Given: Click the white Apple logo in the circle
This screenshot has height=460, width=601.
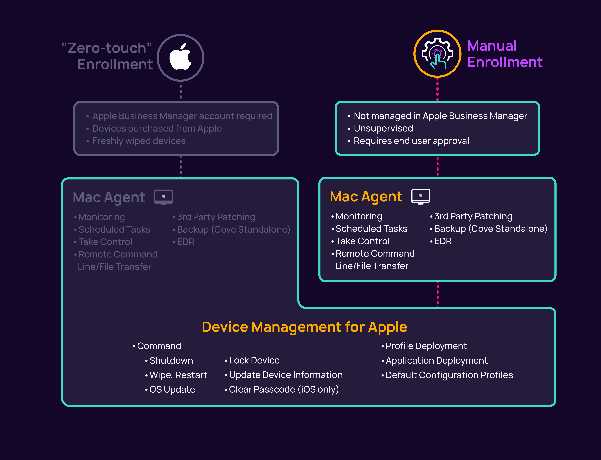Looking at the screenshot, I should click(180, 57).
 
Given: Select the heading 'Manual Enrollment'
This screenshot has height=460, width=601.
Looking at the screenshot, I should click(504, 54).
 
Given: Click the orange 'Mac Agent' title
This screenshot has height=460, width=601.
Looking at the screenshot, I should click(366, 197).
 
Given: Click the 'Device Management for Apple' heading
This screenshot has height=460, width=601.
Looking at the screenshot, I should click(304, 327).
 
